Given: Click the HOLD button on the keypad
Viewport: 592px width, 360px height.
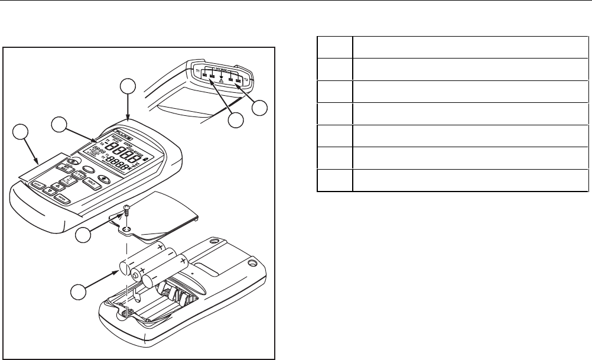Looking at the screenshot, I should (92, 184).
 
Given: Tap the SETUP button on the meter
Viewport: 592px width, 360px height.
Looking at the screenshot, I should (40, 184).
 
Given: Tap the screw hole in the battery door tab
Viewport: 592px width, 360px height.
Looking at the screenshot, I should (128, 227).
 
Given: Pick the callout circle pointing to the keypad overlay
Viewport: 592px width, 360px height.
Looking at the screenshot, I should (21, 132).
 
